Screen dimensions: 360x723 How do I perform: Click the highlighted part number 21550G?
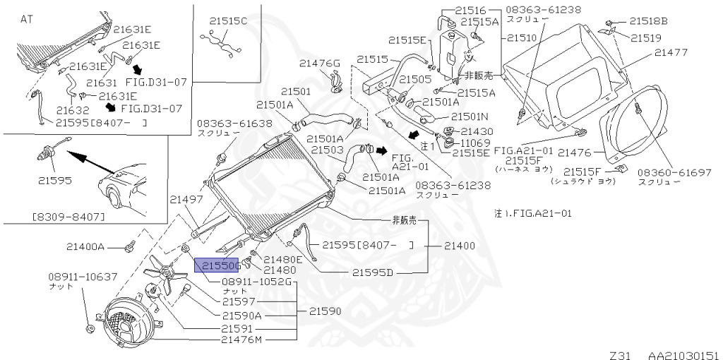pyautogui.click(x=218, y=265)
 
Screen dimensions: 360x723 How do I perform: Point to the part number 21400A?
pyautogui.click(x=85, y=247)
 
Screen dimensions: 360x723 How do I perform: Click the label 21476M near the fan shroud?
pyautogui.click(x=241, y=340)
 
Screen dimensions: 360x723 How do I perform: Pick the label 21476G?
pyautogui.click(x=319, y=64)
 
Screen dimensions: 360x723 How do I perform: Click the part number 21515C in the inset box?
pyautogui.click(x=228, y=20)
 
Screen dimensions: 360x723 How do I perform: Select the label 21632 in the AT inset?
pyautogui.click(x=73, y=110)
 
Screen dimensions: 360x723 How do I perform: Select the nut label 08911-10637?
pyautogui.click(x=83, y=276)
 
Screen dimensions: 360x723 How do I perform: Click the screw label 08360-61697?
pyautogui.click(x=673, y=172)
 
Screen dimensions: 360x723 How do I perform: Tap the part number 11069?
pyautogui.click(x=477, y=143)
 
